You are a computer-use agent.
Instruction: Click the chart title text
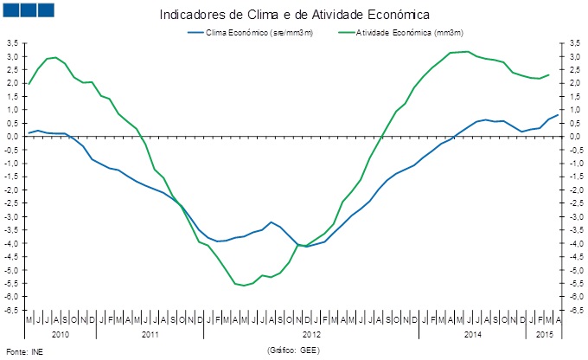coord(294,15)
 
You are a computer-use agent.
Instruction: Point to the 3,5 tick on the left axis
coord(13,42)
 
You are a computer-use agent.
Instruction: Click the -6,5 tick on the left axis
coord(12,310)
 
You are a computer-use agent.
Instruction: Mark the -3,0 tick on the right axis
coord(572,216)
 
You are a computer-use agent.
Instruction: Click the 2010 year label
coord(61,333)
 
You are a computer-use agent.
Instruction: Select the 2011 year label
coord(150,333)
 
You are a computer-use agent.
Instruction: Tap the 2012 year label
coord(311,333)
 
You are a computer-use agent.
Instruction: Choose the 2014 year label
coord(472,333)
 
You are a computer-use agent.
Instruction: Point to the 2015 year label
coord(544,333)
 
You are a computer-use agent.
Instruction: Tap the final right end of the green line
coord(548,74)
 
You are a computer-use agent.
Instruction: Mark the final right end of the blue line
coord(558,113)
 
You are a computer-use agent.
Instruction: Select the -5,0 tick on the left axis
coord(12,270)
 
